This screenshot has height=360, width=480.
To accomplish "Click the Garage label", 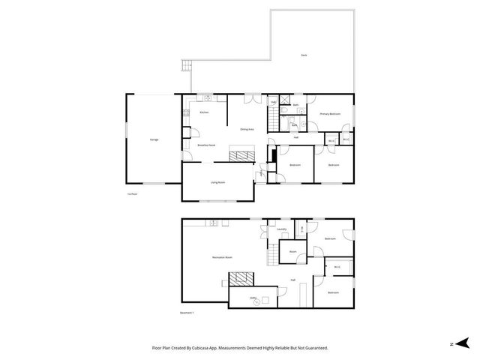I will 154,139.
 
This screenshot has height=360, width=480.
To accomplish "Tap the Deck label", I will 304,55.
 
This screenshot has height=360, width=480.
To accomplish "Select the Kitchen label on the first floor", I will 203,112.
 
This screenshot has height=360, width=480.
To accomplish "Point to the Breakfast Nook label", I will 206,145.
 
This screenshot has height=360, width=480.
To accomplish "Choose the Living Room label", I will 217,182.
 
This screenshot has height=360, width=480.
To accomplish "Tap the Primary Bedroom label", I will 330,114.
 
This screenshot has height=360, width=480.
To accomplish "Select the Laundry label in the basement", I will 281,229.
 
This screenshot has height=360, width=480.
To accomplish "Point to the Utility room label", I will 254,298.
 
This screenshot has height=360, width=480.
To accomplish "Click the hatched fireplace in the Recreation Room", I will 241,280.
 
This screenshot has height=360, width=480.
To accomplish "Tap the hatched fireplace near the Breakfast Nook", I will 242,155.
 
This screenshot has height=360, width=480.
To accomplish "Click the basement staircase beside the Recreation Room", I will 271,255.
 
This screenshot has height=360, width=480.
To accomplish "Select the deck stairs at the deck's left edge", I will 183,68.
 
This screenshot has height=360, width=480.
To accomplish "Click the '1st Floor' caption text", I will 132,193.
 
